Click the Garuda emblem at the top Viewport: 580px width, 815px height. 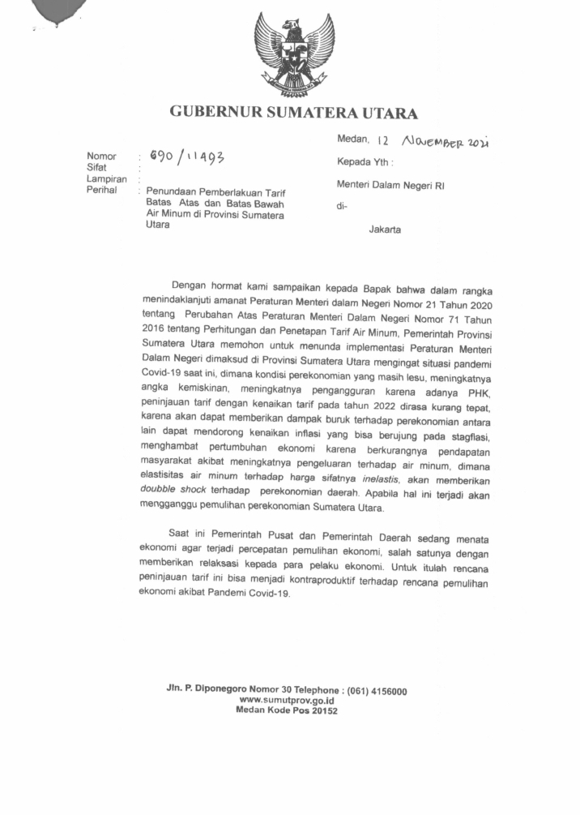pyautogui.click(x=294, y=54)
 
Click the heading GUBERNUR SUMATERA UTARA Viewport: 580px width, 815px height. pyautogui.click(x=293, y=113)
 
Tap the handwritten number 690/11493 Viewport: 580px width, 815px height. pyautogui.click(x=184, y=155)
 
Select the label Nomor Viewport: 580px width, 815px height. pyautogui.click(x=101, y=157)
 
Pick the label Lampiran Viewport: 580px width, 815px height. pyautogui.click(x=105, y=179)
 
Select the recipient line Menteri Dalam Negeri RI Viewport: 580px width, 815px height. pyautogui.click(x=390, y=186)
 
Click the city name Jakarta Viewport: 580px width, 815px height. pyautogui.click(x=384, y=230)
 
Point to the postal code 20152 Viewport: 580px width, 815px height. pyautogui.click(x=322, y=710)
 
